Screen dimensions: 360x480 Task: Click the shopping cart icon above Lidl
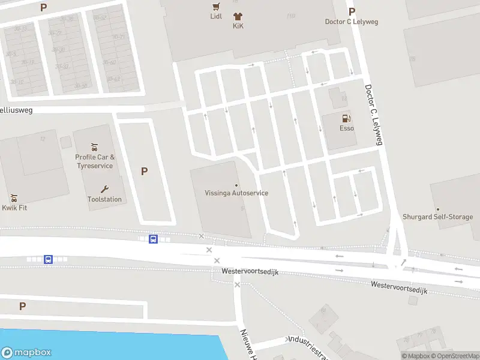[x=216, y=7]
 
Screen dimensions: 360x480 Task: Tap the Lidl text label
[x=216, y=16]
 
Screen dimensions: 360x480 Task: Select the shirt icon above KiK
[x=238, y=17]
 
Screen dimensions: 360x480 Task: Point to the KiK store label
[x=238, y=26]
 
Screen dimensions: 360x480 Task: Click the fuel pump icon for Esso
[x=346, y=119]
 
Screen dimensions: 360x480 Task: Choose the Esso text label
[x=346, y=128]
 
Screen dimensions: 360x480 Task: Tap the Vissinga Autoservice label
[x=236, y=193]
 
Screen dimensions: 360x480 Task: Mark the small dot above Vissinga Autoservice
[x=236, y=185]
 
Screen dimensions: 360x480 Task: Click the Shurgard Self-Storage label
[x=437, y=217]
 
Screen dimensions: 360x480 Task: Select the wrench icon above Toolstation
[x=104, y=189]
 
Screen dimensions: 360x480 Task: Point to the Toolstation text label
[x=104, y=199]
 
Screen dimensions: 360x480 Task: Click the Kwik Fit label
[x=14, y=208]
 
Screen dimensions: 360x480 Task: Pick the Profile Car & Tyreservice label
[x=94, y=161]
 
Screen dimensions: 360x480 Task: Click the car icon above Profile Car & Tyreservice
[x=94, y=147]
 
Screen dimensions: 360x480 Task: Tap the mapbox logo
[x=26, y=353]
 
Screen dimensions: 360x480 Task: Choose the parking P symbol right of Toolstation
[x=144, y=172]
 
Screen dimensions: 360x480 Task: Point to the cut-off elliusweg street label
[x=16, y=110]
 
